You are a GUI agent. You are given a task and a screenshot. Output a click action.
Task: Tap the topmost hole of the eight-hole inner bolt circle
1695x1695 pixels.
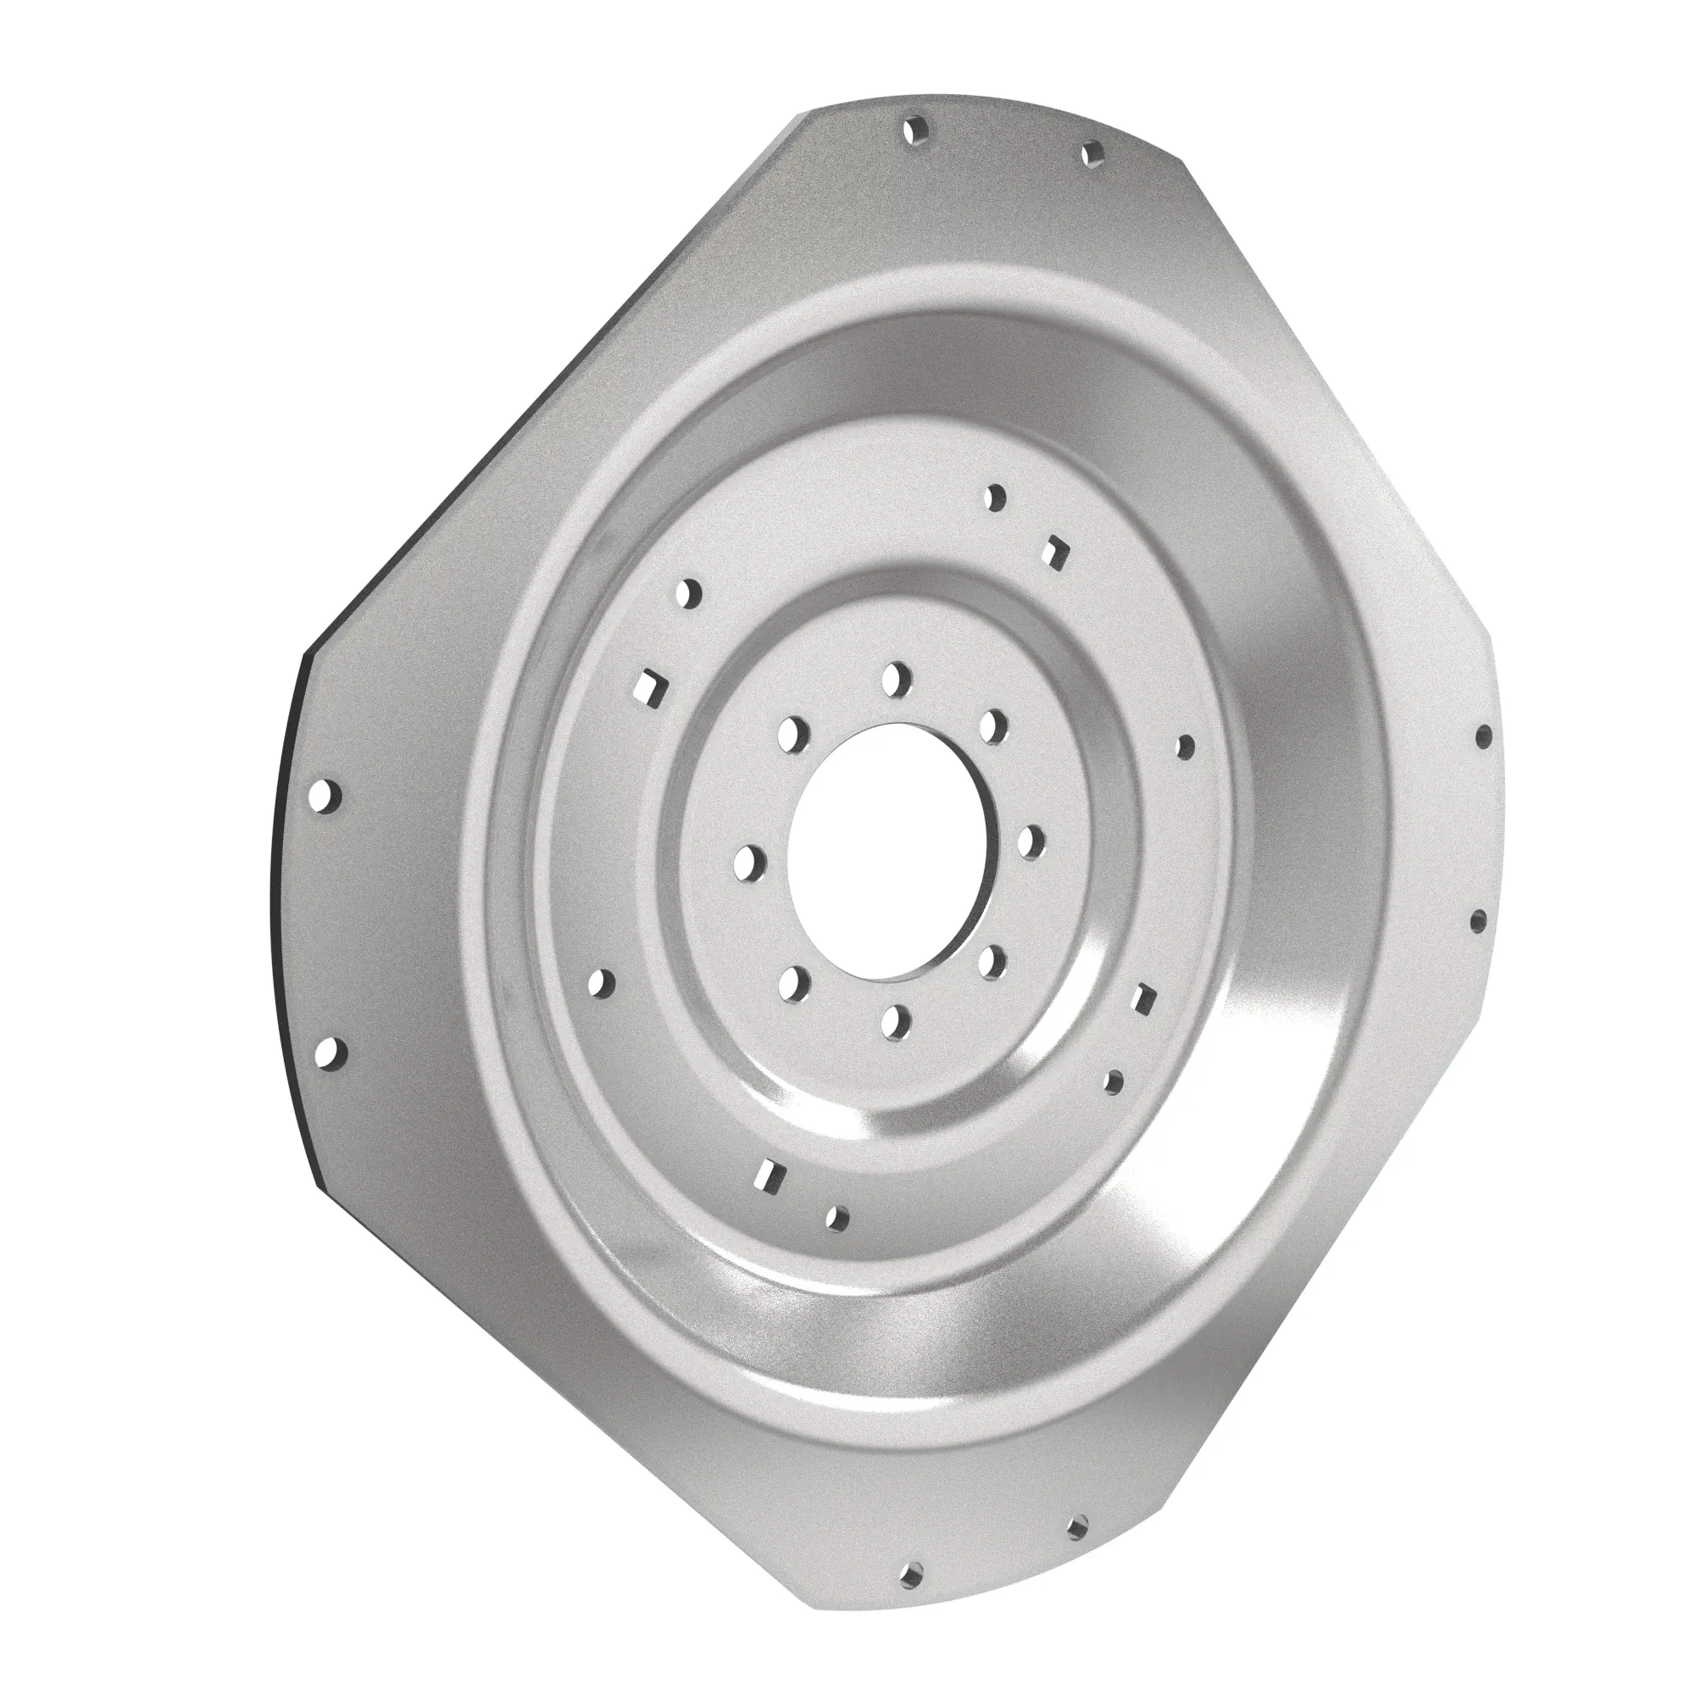[896, 676]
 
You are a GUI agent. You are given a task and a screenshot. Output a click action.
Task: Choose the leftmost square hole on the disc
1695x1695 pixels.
[650, 684]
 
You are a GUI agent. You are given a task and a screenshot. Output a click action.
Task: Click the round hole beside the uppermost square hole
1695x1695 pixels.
[995, 497]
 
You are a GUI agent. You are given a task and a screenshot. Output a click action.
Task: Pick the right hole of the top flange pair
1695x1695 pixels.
[1091, 155]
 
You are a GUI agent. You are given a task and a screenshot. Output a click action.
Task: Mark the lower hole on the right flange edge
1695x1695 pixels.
[1477, 921]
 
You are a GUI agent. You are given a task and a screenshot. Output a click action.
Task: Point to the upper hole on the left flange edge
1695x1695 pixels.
[326, 796]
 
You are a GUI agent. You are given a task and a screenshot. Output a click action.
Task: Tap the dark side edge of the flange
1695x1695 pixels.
[282, 877]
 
